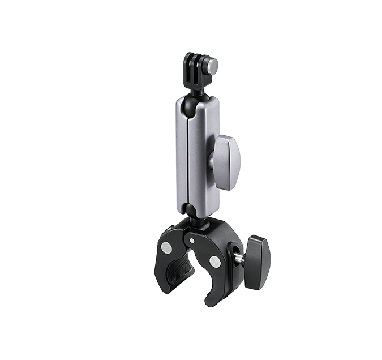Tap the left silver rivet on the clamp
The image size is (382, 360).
[166, 247]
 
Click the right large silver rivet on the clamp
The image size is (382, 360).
[214, 261]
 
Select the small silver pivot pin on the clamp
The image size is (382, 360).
[192, 241]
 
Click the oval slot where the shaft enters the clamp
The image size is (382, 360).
[231, 258]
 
